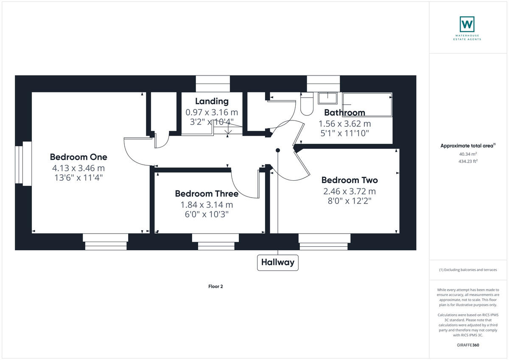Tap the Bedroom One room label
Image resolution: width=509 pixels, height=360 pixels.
pos(78,157)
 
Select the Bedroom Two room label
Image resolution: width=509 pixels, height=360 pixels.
pos(350,180)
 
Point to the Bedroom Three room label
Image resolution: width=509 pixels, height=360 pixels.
pos(207,194)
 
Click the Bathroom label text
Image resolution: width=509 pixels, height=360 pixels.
pos(344,113)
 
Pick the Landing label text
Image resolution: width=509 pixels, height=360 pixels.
pos(212,101)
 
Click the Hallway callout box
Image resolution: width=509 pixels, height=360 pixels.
pos(278,262)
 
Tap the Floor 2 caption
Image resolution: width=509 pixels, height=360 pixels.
pos(215,287)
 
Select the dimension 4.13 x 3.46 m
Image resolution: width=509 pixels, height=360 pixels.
pos(78,168)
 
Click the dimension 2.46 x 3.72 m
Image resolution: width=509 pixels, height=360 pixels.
pos(350,191)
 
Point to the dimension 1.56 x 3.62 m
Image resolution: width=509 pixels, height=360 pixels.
pos(344,124)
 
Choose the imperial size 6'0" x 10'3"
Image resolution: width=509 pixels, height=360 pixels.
pos(207,215)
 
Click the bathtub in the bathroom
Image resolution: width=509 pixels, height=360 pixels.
pos(367,105)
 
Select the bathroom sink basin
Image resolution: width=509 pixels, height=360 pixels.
pos(327,98)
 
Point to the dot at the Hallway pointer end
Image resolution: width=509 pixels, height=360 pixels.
pos(278,150)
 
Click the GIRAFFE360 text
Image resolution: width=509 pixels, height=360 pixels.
pos(468,345)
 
